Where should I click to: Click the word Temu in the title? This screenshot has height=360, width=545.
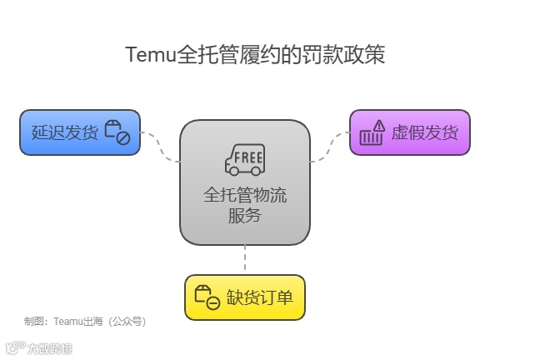150,55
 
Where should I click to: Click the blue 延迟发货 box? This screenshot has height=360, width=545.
80,132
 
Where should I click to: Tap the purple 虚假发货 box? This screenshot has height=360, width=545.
409,132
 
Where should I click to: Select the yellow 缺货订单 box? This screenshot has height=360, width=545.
244,297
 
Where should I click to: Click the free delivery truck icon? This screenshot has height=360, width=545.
244,160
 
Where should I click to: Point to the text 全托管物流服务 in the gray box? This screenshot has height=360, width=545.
244,205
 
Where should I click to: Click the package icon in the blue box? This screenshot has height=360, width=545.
117,132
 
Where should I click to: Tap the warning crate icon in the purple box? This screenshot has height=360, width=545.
372,132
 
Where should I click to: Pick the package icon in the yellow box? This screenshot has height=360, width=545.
207,297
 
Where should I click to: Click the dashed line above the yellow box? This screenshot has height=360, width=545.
244,259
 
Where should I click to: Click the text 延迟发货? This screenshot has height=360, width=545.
65,132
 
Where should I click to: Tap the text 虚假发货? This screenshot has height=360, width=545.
424,132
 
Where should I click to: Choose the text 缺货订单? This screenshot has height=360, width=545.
260,297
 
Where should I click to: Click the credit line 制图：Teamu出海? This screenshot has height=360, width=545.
66,320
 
